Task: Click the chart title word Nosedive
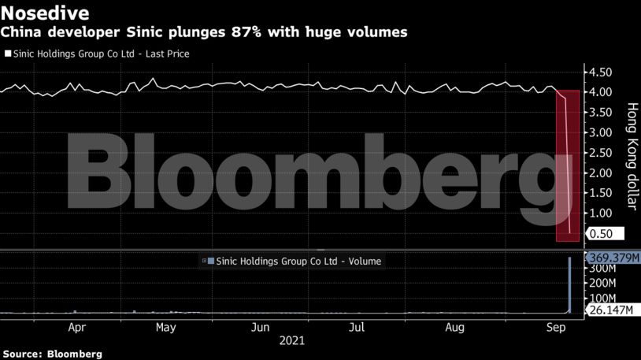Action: coord(44,13)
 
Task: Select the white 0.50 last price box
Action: coord(605,234)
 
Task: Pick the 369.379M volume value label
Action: coord(612,257)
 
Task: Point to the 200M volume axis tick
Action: coord(602,282)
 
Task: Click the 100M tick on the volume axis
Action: coord(602,298)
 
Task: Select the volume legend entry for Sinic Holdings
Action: coord(293,260)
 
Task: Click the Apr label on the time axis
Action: coord(77,327)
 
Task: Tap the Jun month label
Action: coord(261,327)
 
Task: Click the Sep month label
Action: coord(554,327)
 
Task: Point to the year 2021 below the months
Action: coord(291,342)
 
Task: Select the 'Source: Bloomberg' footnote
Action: coord(52,354)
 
